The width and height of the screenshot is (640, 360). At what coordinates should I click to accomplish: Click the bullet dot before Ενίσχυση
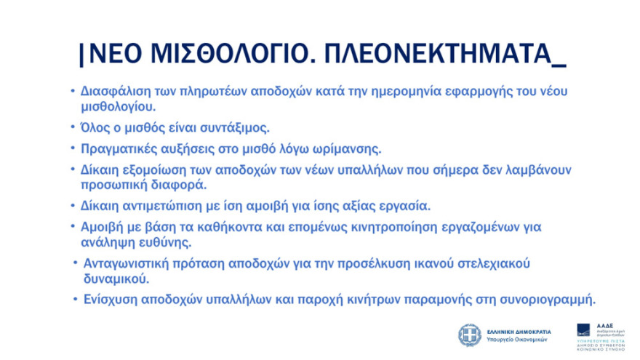pyautogui.click(x=75, y=299)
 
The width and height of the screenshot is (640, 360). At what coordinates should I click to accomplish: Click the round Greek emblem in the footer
pyautogui.click(x=468, y=335)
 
